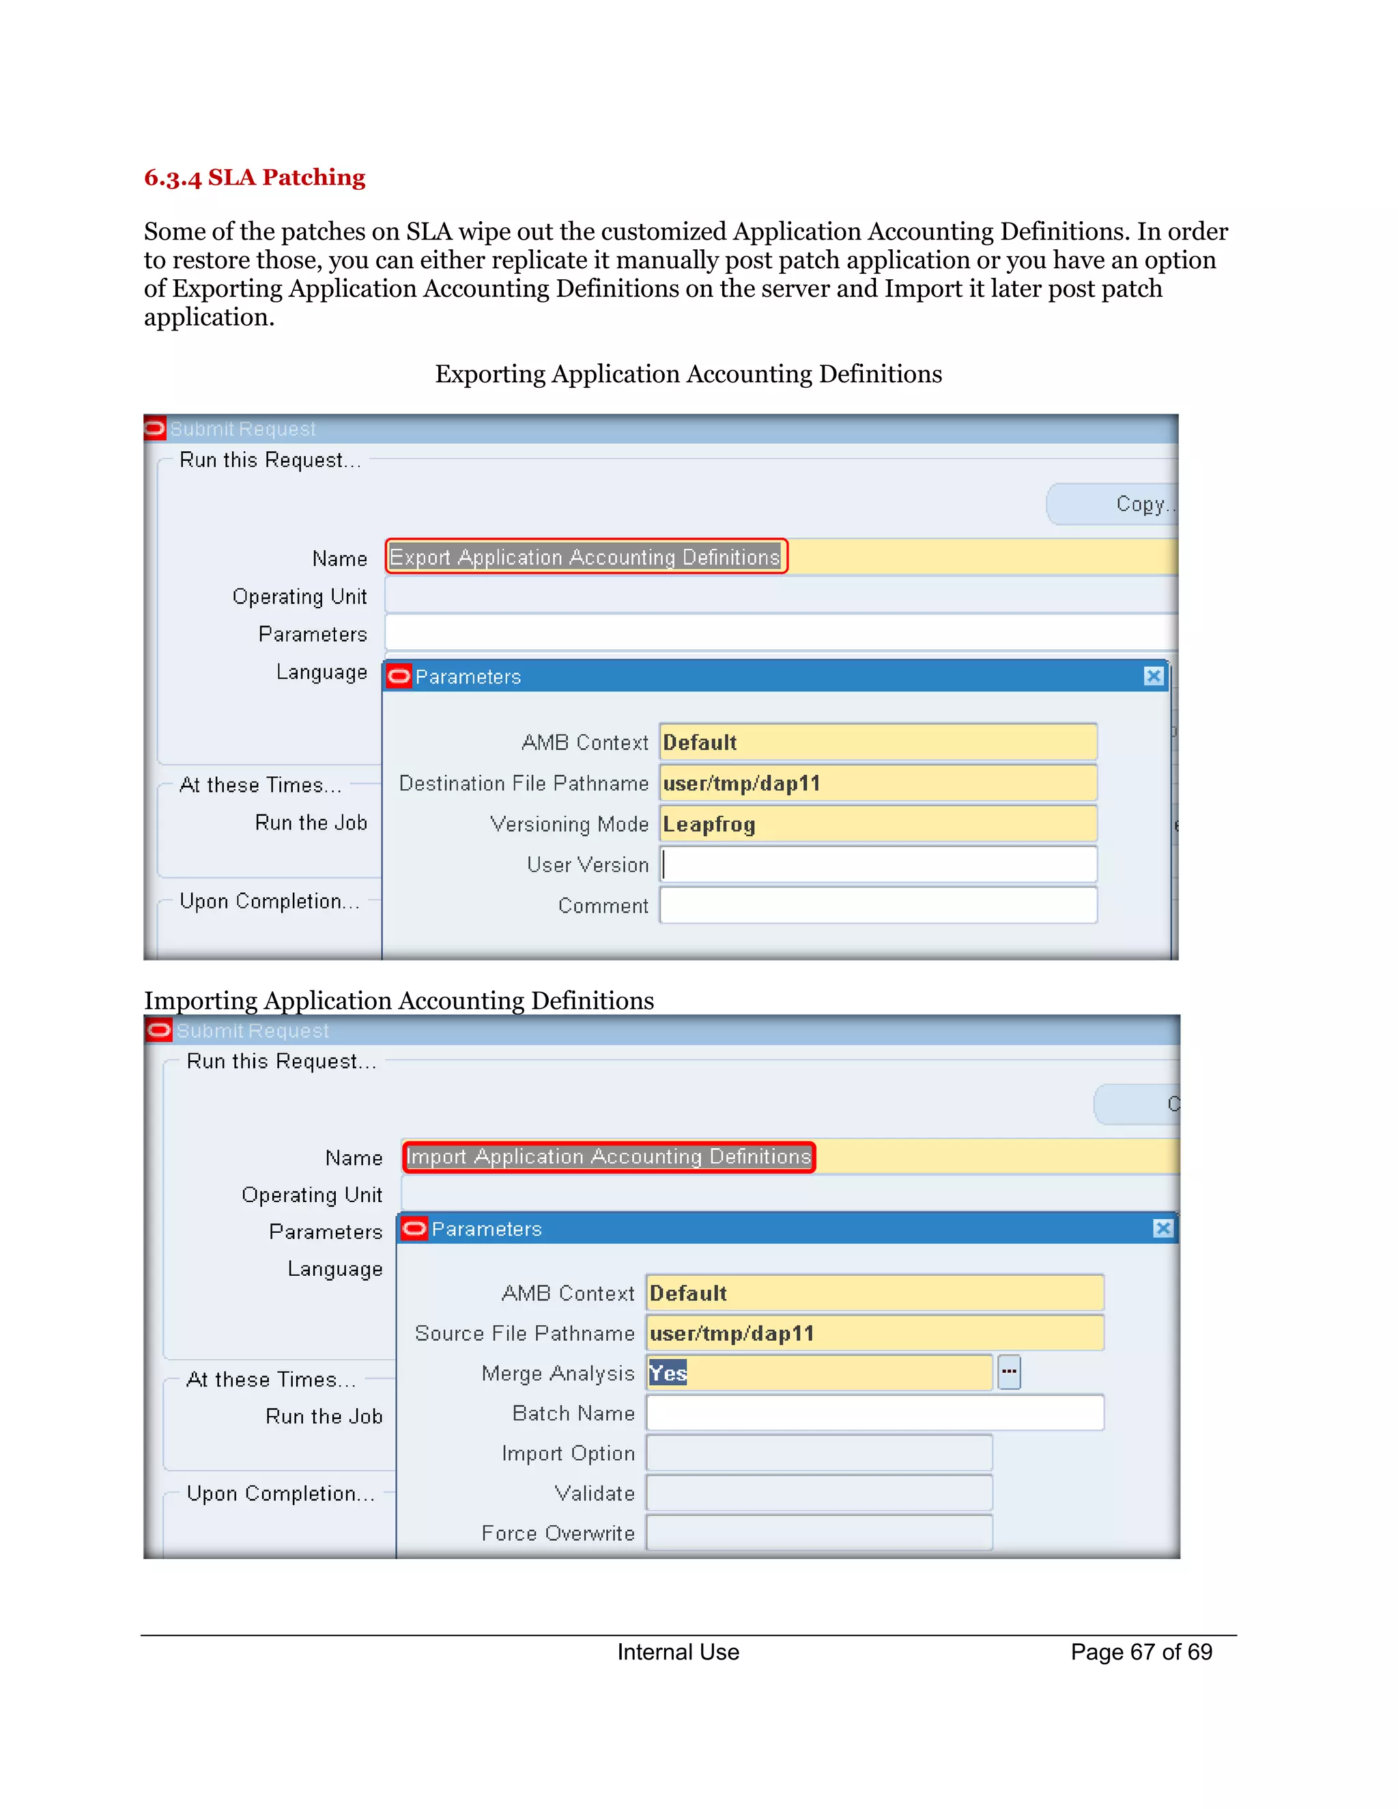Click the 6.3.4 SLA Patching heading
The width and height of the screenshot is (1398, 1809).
pyautogui.click(x=254, y=177)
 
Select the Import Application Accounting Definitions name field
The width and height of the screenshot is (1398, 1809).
pyautogui.click(x=609, y=1156)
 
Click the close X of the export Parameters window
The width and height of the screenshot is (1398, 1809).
pyautogui.click(x=1154, y=676)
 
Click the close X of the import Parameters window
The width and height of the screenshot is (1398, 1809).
pyautogui.click(x=1162, y=1228)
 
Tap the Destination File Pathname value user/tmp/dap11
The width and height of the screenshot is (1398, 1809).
pyautogui.click(x=741, y=784)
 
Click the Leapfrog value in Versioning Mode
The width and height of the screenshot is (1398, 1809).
pyautogui.click(x=709, y=824)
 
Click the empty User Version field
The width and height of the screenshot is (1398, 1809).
pyautogui.click(x=878, y=865)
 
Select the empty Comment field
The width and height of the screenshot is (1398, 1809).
pyautogui.click(x=878, y=905)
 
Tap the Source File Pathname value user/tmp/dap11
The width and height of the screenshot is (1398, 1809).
pyautogui.click(x=732, y=1334)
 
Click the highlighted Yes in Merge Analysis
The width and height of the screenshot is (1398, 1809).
pyautogui.click(x=668, y=1373)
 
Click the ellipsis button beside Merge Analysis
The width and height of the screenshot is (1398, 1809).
pyautogui.click(x=1009, y=1373)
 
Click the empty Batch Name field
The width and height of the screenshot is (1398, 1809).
pyautogui.click(x=874, y=1413)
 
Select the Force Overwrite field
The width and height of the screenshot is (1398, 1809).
pyautogui.click(x=819, y=1533)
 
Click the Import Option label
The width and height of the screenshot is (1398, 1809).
pyautogui.click(x=568, y=1453)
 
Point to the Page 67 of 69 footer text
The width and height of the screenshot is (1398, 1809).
pyautogui.click(x=1141, y=1653)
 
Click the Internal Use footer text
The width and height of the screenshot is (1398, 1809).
pyautogui.click(x=677, y=1653)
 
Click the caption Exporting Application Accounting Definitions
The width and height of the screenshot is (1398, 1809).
pyautogui.click(x=688, y=374)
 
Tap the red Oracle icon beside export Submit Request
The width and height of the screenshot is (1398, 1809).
pyautogui.click(x=155, y=428)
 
